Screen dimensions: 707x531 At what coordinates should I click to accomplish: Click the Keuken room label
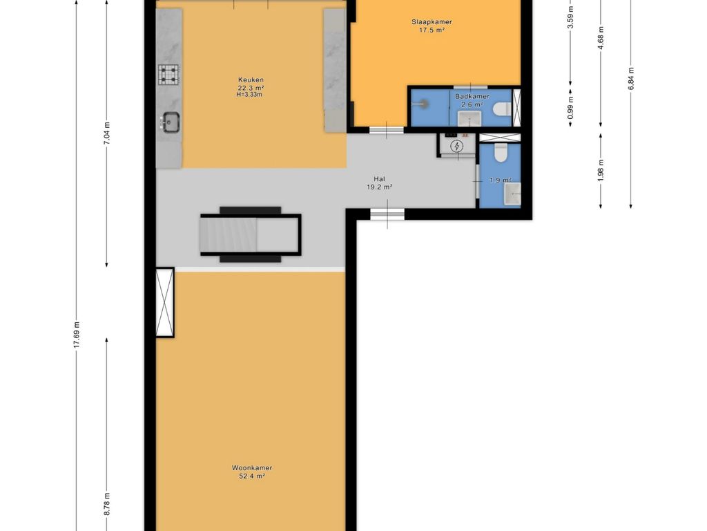[251, 80]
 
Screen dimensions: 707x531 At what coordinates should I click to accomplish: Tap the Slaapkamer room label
[432, 21]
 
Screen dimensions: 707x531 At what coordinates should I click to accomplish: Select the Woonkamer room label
[252, 468]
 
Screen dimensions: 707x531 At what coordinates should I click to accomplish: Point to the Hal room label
[379, 179]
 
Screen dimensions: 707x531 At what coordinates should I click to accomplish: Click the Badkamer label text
[472, 96]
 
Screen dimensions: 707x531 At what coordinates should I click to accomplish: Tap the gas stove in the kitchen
[168, 75]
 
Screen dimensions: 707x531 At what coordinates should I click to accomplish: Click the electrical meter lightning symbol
[457, 146]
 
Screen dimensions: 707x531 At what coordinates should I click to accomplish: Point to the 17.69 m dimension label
[77, 335]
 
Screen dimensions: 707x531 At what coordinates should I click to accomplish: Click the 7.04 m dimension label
[107, 133]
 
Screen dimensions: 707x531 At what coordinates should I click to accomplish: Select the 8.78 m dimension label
[107, 504]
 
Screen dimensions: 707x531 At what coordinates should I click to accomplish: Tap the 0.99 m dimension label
[570, 108]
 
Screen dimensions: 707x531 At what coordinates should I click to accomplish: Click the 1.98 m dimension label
[601, 171]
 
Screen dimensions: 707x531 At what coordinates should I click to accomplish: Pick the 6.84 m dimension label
[631, 79]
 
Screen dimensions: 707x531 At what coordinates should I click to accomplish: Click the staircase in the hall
[251, 234]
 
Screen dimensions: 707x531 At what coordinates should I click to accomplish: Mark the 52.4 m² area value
[252, 476]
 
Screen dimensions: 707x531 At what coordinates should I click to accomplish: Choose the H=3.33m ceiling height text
[249, 94]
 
